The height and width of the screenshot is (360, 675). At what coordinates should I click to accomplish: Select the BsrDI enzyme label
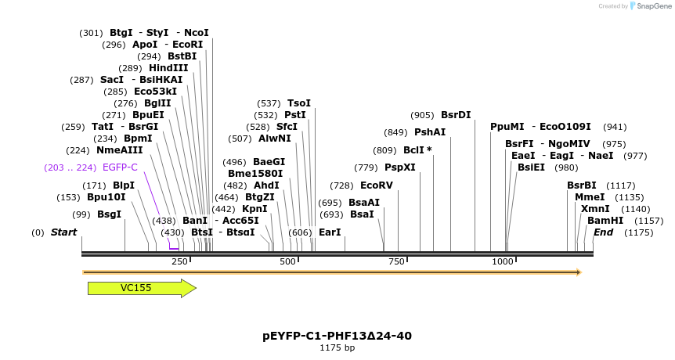[456, 115]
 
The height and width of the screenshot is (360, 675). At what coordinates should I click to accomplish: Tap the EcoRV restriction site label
[377, 185]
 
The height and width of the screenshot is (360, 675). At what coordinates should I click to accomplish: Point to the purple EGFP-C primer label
[120, 167]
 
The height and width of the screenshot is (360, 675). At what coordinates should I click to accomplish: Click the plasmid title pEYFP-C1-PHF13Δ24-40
[337, 336]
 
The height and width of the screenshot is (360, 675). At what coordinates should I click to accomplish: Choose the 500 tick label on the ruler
[288, 261]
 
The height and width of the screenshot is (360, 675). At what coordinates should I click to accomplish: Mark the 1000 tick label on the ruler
[503, 261]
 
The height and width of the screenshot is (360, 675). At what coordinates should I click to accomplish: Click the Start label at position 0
[64, 232]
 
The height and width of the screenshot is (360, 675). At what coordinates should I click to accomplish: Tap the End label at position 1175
[604, 232]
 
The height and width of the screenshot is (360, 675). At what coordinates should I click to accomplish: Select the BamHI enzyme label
[605, 221]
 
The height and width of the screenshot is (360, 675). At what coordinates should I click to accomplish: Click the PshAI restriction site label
[430, 132]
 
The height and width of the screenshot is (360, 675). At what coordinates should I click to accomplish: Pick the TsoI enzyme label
[299, 103]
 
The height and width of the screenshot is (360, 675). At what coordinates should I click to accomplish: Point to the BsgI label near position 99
[109, 214]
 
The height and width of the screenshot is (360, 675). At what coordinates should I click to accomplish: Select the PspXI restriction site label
[399, 167]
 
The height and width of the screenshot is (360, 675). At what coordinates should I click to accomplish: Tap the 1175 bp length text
[337, 347]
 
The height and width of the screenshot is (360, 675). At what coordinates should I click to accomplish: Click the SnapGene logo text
[653, 6]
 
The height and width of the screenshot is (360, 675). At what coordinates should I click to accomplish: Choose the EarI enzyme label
[330, 232]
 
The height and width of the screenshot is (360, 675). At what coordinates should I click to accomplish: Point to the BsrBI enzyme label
[582, 185]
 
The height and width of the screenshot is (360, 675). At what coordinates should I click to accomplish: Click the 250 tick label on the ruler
[179, 261]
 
